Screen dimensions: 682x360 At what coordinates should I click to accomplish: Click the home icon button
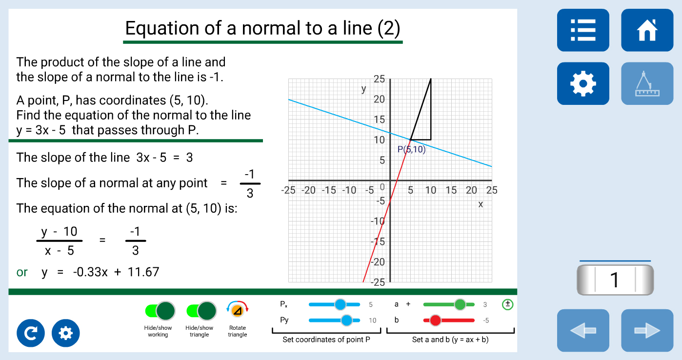pos(647,30)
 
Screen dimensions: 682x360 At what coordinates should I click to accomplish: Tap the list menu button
pos(583,30)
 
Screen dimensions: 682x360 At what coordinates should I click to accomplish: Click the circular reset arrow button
pos(30,333)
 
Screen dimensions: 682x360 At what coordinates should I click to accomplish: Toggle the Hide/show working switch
pos(160,311)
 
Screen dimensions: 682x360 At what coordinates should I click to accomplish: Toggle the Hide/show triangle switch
pos(201,311)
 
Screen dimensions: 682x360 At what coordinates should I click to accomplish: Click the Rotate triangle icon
pos(238,310)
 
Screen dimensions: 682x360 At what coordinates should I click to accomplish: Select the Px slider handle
pos(340,304)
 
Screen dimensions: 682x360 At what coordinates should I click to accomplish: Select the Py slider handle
pos(346,320)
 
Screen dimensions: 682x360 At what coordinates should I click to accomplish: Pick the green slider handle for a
pos(460,304)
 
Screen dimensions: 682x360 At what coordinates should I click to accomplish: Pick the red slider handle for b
pos(435,320)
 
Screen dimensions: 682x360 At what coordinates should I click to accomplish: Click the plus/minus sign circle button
pos(507,304)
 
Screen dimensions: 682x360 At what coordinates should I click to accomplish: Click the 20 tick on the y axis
pos(379,100)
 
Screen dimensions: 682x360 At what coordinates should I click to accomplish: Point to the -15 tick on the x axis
pos(329,190)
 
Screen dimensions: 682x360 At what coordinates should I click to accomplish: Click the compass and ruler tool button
pos(647,83)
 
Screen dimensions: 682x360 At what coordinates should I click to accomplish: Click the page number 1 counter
pos(615,280)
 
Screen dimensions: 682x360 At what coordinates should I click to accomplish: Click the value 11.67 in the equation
pos(143,272)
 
